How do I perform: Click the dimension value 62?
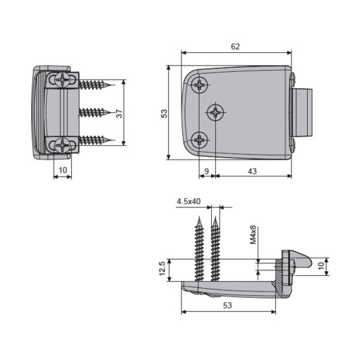pos(235,46)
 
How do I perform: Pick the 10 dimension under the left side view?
pos(62,170)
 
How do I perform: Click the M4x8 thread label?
pos(253,234)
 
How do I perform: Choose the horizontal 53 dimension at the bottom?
pos(228,305)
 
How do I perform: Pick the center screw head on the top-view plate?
pos(215,112)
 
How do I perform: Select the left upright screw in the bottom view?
pos(198,251)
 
